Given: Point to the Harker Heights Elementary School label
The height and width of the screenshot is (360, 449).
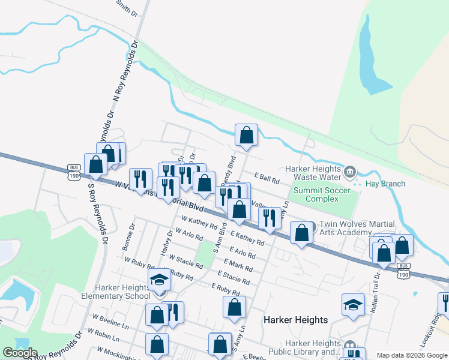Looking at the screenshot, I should click(116, 291).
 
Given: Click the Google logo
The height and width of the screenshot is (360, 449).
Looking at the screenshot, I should click(20, 353).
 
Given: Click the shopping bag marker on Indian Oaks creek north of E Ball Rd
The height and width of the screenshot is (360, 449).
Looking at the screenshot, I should click(246, 136).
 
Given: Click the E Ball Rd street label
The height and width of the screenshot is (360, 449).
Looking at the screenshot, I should click(267, 179).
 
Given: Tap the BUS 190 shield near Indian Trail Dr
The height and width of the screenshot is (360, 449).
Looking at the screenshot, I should click(404, 269).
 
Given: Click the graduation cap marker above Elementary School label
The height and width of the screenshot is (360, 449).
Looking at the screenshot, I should click(159, 280).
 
